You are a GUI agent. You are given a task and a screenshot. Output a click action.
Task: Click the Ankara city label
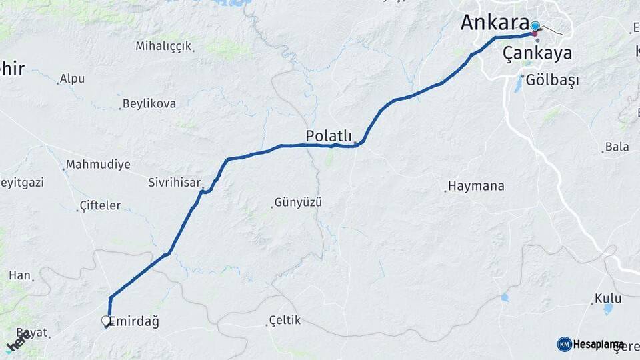(495, 22)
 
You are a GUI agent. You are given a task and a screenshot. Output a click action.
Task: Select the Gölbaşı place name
(552, 80)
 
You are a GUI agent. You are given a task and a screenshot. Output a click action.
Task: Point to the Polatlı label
(329, 135)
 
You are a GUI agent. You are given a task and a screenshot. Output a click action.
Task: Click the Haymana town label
(476, 186)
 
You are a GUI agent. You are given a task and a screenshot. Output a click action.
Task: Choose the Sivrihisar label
(174, 181)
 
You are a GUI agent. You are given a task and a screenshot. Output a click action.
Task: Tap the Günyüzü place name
(298, 202)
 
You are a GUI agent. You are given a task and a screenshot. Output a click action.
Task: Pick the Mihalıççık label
(163, 46)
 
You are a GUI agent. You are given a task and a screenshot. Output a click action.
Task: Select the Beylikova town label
(149, 104)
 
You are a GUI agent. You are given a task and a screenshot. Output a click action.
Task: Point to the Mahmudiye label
(98, 165)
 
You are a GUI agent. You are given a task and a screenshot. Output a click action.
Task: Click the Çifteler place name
(100, 205)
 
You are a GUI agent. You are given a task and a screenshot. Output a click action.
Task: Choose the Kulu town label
(609, 298)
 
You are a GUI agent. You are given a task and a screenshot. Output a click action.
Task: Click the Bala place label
(617, 147)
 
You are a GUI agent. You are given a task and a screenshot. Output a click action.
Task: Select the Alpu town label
(72, 79)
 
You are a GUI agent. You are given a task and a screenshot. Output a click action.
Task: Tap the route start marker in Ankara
(535, 27)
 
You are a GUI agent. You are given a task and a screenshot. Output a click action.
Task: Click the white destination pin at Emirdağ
(106, 321)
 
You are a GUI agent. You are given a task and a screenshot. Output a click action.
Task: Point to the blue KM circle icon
(564, 344)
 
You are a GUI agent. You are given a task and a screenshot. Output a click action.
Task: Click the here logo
(18, 342)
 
